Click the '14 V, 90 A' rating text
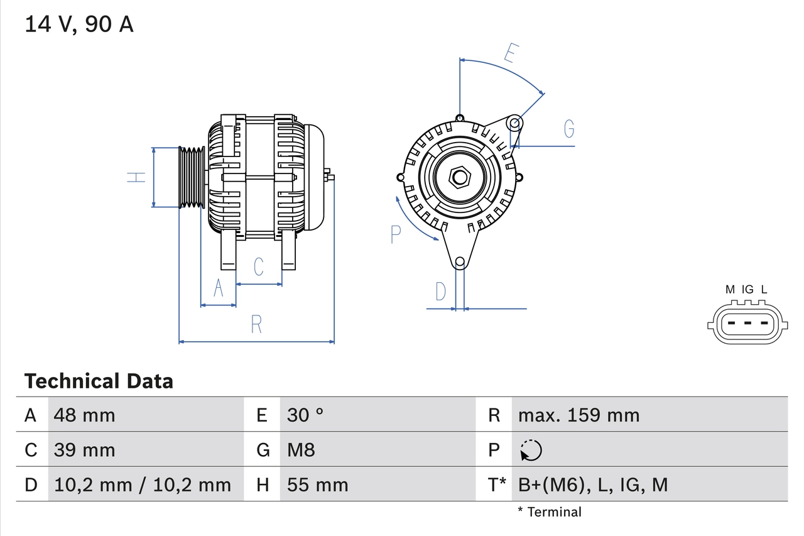click(x=79, y=25)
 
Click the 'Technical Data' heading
click(x=99, y=381)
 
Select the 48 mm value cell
click(x=85, y=415)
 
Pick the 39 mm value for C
click(x=85, y=450)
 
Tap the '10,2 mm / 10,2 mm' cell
click(x=143, y=485)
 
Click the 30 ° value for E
click(x=305, y=415)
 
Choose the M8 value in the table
click(x=301, y=450)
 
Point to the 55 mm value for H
click(x=317, y=485)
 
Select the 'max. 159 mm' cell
click(x=579, y=415)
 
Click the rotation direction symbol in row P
click(x=531, y=450)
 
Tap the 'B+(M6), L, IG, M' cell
click(x=592, y=485)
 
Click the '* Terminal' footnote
click(x=550, y=512)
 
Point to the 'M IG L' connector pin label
click(x=746, y=290)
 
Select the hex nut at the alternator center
click(x=460, y=177)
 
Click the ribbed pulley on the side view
click(x=192, y=177)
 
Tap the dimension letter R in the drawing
click(x=256, y=325)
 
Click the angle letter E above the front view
click(x=510, y=54)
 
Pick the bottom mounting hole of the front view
click(x=460, y=261)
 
